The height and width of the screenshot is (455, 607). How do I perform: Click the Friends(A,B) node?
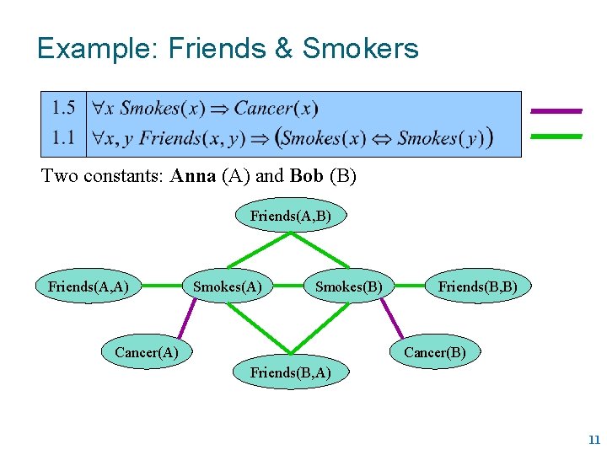pyautogui.click(x=290, y=217)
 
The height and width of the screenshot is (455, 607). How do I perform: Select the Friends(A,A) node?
pyautogui.click(x=88, y=286)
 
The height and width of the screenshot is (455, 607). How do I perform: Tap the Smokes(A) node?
pyautogui.click(x=227, y=286)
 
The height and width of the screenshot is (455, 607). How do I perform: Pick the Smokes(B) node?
pyautogui.click(x=348, y=286)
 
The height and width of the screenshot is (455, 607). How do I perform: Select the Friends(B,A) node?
pyautogui.click(x=290, y=372)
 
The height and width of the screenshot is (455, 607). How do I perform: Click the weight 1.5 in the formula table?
pyautogui.click(x=63, y=108)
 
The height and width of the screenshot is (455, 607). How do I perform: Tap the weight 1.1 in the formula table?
pyautogui.click(x=63, y=136)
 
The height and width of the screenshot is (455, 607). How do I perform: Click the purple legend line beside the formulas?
pyautogui.click(x=556, y=110)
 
